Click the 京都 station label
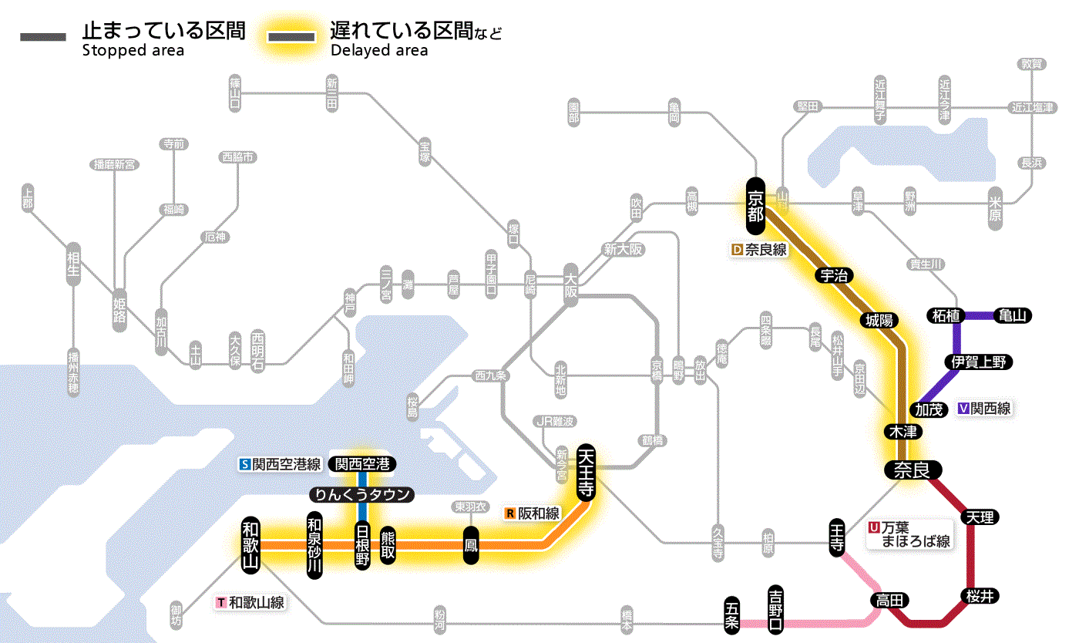755,204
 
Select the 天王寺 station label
586,473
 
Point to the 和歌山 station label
251,544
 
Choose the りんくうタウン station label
361,494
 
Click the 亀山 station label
1014,315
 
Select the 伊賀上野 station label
979,362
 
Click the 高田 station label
890,600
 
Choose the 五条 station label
732,615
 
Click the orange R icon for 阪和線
510,513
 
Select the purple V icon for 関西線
963,409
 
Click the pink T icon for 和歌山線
221,603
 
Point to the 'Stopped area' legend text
133,51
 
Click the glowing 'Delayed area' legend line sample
291,37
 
